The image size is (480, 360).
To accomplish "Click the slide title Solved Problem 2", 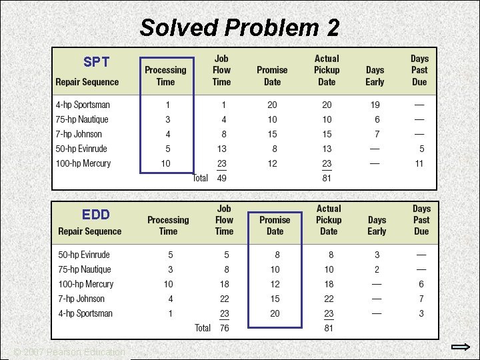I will [239, 28].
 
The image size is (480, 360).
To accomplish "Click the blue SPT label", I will [97, 63].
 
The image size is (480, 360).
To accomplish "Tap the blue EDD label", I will [96, 215].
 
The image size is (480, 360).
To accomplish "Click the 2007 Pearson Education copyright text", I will [70, 352].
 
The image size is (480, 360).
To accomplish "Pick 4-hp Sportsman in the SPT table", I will [83, 105].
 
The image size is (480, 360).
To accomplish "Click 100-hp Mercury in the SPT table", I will [83, 163].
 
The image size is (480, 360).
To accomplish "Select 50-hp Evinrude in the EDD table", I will [84, 255].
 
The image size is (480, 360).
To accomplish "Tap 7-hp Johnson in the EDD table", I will [81, 299].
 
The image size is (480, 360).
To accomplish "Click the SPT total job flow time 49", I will [221, 178].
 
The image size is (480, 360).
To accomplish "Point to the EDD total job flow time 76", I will [224, 328].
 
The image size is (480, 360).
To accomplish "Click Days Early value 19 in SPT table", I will [375, 105].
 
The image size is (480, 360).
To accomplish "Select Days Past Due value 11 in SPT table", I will [419, 163].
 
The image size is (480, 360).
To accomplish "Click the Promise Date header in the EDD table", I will [275, 225].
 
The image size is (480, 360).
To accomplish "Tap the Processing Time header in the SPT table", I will [165, 76].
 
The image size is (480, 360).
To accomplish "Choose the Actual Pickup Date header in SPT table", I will [327, 70].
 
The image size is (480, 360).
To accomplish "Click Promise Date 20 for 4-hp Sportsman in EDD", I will [275, 313].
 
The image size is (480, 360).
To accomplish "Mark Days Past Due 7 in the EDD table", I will [421, 299].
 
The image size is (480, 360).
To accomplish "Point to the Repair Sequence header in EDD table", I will [90, 231].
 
